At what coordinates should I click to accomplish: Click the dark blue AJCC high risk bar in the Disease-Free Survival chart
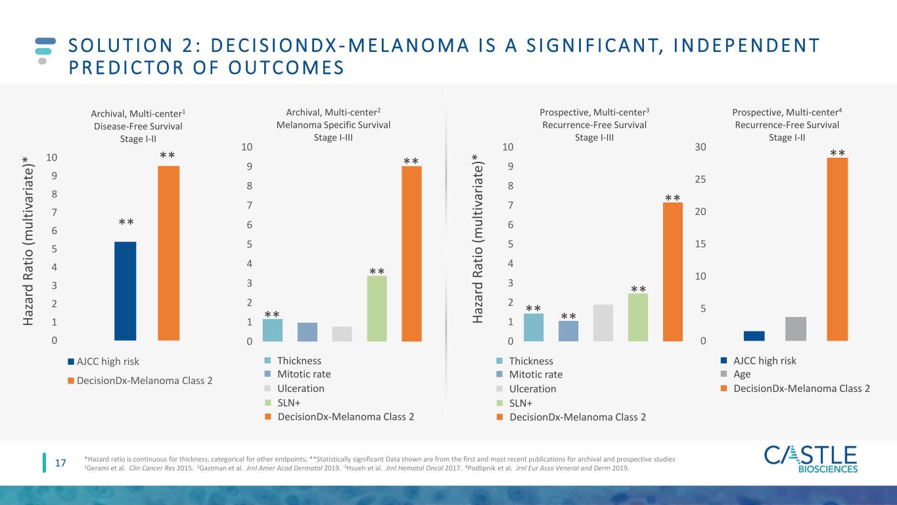126,291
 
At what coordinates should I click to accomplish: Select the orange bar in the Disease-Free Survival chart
169,253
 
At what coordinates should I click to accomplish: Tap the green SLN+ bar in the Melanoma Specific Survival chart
377,308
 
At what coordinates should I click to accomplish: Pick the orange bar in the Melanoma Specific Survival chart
411,254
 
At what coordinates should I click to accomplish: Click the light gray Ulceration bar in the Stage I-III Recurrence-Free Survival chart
603,323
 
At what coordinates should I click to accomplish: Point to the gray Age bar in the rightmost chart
796,329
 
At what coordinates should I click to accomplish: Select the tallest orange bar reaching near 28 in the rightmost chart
837,249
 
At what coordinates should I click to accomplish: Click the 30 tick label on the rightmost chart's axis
701,147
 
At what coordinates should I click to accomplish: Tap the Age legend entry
735,374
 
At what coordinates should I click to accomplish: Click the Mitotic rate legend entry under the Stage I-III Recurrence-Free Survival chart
530,374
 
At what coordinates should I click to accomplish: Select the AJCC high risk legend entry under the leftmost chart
104,362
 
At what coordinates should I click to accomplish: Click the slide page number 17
60,464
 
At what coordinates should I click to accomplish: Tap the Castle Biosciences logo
811,458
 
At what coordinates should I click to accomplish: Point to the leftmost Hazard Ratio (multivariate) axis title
28,241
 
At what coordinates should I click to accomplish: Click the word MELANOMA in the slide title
409,45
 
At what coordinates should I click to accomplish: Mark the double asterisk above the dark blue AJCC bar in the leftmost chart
126,222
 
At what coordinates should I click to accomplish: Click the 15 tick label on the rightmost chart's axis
701,244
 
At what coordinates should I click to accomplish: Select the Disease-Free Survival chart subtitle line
138,126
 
